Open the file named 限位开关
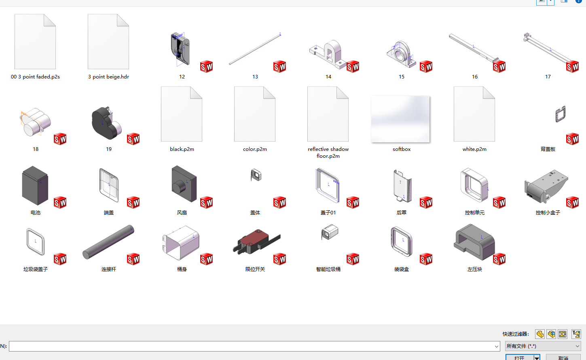tap(255, 269)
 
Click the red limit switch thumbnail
tap(256, 241)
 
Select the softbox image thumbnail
tap(400, 119)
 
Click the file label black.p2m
tap(182, 149)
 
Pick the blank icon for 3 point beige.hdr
tap(108, 41)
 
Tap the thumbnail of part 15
tap(401, 54)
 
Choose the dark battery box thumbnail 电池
tap(35, 185)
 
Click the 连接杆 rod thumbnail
tap(108, 242)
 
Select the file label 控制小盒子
tap(548, 213)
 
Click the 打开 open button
tap(519, 358)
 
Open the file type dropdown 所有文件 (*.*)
tap(543, 346)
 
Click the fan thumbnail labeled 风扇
tap(184, 184)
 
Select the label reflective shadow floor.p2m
tap(328, 152)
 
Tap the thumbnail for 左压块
tap(474, 242)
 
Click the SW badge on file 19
tap(133, 139)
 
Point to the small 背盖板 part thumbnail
tap(561, 114)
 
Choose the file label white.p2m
tap(474, 149)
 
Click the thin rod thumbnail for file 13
tap(255, 49)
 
